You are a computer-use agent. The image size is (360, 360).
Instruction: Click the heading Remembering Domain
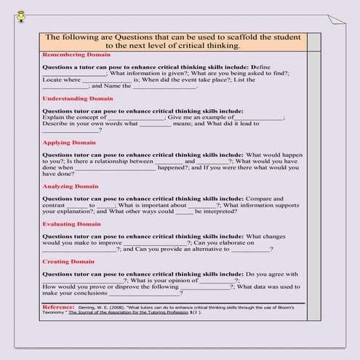coord(76,55)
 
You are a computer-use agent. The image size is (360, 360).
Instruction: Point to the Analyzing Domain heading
coord(71,186)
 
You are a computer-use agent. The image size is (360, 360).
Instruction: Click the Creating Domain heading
coord(68,261)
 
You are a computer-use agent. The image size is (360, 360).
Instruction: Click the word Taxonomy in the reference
coord(56,314)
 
